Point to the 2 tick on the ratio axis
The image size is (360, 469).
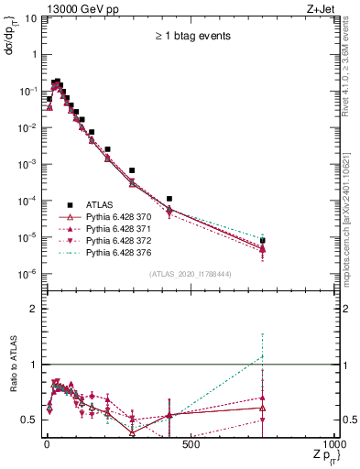[34, 309]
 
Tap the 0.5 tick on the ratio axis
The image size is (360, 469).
[30, 420]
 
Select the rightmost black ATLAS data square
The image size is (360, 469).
[263, 241]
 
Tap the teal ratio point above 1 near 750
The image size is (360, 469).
[263, 356]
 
